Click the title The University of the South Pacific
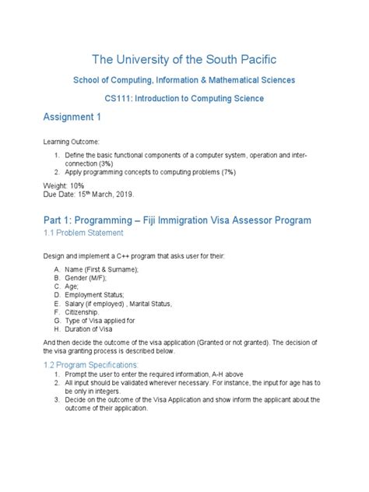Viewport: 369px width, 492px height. point(184,59)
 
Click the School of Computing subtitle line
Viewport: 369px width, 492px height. point(184,80)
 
